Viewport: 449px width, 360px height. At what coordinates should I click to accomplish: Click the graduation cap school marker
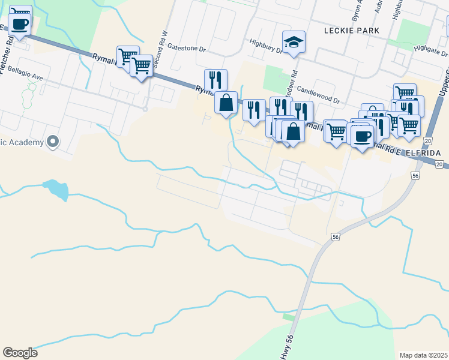click(x=294, y=42)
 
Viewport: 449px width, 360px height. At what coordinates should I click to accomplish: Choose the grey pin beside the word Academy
click(x=53, y=142)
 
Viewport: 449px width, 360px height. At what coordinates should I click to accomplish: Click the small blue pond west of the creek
click(x=56, y=188)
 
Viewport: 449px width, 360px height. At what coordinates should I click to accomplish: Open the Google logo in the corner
click(x=20, y=352)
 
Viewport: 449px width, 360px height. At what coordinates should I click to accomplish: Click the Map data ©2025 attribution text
click(x=423, y=355)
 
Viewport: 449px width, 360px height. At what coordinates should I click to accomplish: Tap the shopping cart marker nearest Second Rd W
click(x=141, y=65)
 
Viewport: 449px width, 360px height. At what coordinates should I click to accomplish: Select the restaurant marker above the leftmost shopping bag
click(x=215, y=80)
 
